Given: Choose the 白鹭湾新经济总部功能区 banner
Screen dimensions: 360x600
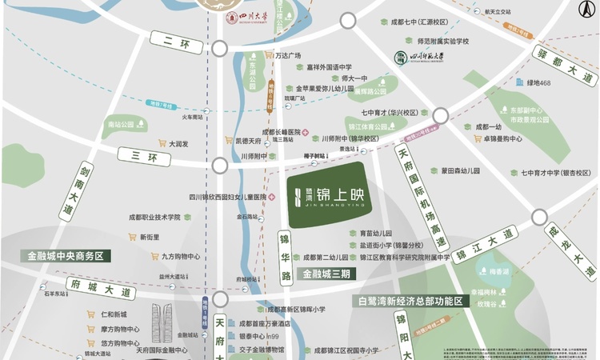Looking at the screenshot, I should [x=410, y=302].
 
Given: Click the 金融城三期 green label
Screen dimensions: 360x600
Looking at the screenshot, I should [x=326, y=274].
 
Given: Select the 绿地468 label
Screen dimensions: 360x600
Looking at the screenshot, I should [x=538, y=82].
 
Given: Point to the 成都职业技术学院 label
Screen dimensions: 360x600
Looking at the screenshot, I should [x=156, y=217].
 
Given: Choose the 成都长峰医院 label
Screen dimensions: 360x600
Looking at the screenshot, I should [x=281, y=132].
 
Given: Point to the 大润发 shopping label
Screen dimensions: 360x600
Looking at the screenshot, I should [x=178, y=144].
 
